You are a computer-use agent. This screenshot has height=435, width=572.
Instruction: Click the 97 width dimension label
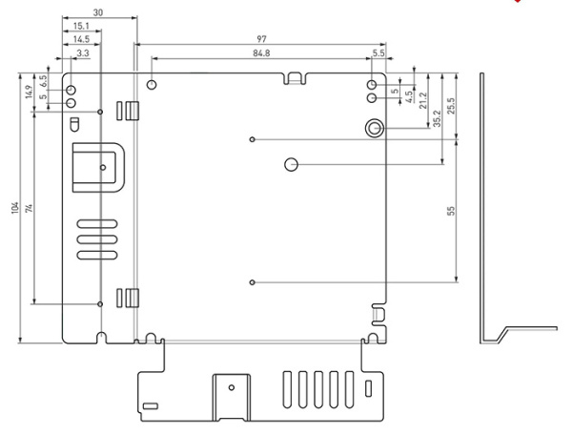(260, 38)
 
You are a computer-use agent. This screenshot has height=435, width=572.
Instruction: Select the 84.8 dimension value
(260, 53)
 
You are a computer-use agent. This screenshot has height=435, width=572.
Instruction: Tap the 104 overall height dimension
(15, 208)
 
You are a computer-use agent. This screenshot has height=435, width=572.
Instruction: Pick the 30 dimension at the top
(99, 12)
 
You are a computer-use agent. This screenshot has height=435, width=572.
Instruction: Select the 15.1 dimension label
(81, 26)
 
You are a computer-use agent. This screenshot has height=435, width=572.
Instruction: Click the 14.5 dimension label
(81, 39)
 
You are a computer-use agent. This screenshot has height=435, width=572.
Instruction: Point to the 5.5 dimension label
(378, 53)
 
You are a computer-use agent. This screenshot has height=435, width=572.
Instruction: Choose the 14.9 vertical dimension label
(30, 92)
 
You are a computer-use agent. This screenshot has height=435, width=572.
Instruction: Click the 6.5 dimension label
(43, 80)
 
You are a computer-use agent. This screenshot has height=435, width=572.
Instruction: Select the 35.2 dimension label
(437, 116)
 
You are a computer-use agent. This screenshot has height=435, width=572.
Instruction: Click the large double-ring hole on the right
(375, 128)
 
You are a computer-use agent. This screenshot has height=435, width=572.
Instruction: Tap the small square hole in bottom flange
(150, 407)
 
